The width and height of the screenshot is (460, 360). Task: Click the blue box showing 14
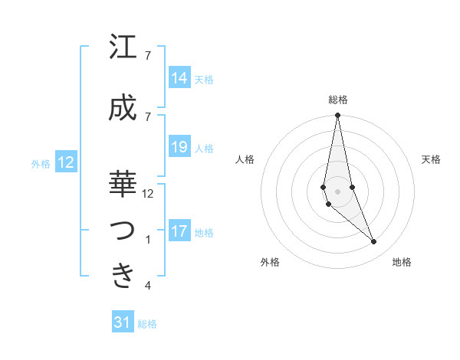click(179, 77)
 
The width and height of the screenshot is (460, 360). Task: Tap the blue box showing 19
click(179, 147)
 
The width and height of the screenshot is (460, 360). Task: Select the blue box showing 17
click(179, 231)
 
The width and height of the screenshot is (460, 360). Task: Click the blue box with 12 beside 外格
click(66, 162)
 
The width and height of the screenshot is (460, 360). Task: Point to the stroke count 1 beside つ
click(148, 240)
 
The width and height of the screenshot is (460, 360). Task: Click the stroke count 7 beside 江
click(148, 56)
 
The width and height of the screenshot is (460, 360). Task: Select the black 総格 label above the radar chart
click(337, 100)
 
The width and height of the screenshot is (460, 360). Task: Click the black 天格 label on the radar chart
click(431, 159)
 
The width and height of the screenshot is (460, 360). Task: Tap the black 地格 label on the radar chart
click(402, 262)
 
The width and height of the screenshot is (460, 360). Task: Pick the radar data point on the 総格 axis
click(337, 116)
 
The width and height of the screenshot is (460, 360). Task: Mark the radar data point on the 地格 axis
click(374, 242)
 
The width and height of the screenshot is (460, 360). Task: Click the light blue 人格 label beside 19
click(204, 148)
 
